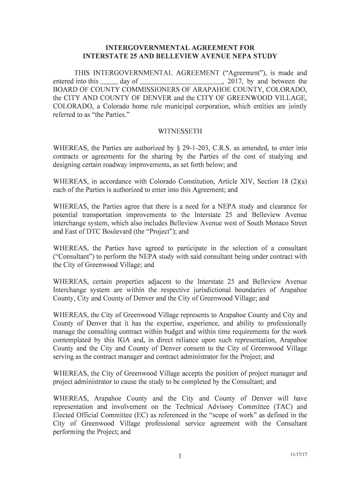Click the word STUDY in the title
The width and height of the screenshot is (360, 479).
[x=264, y=56]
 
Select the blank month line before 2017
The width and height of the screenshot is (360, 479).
[x=184, y=82]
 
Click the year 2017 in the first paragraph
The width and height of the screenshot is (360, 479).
[x=234, y=81]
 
